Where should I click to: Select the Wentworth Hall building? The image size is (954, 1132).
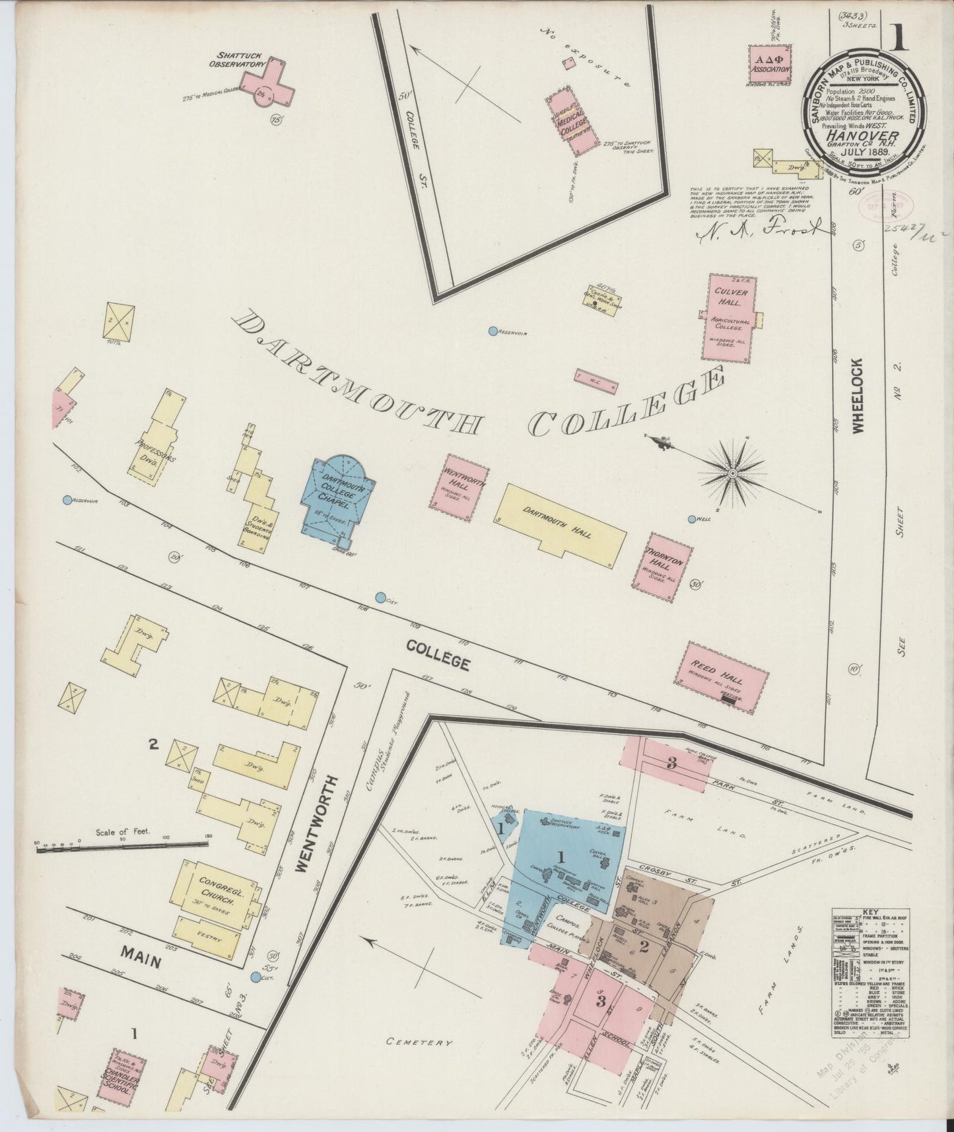click(x=461, y=482)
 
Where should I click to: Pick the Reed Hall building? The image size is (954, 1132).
click(x=721, y=676)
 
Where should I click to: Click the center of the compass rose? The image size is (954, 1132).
click(x=732, y=473)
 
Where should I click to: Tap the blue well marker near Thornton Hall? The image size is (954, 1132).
click(x=692, y=519)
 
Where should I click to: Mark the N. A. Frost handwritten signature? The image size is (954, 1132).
click(x=759, y=229)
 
